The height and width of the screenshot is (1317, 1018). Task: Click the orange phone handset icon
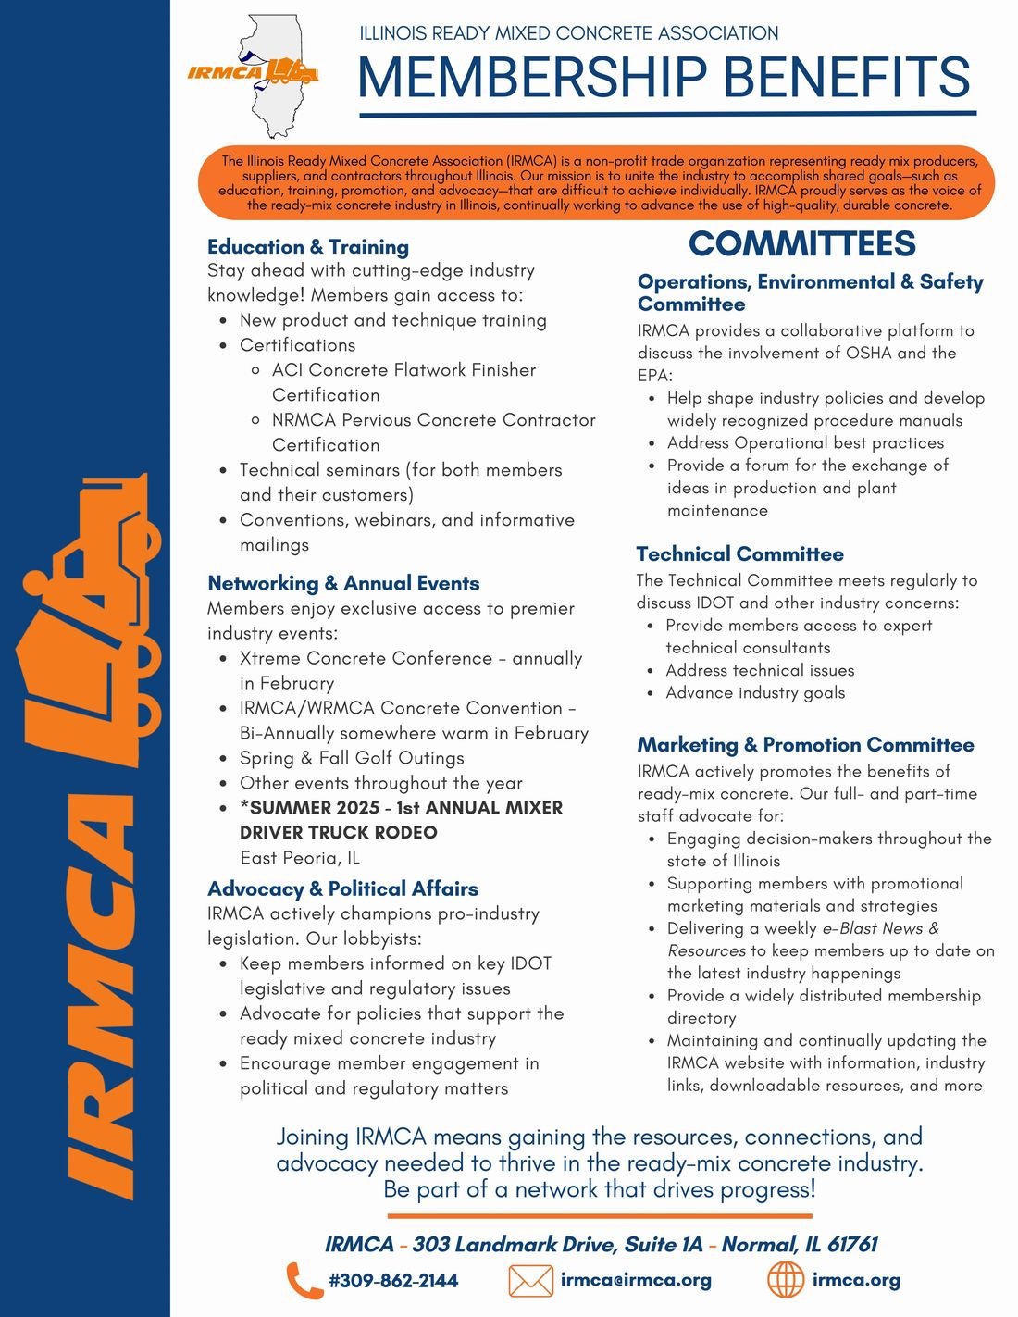tap(304, 1281)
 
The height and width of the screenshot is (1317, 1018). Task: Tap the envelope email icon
tap(530, 1281)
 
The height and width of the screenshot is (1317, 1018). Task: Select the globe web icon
tap(786, 1280)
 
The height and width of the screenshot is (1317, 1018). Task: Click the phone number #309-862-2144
tap(393, 1281)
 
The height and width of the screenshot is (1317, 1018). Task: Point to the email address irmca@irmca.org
tap(636, 1280)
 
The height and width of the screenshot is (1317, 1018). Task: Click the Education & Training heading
tap(308, 247)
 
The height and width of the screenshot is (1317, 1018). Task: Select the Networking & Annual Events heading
tap(343, 583)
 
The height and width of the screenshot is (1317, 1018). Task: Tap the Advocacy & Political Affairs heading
tap(342, 888)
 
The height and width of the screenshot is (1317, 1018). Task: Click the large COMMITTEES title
tap(801, 243)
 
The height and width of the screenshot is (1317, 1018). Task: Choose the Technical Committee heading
tap(739, 554)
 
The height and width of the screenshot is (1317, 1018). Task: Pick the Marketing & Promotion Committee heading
tap(805, 745)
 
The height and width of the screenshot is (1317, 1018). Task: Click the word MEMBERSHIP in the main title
tap(532, 77)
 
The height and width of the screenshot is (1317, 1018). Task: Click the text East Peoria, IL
tap(300, 857)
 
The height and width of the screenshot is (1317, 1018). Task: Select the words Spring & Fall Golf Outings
tap(352, 758)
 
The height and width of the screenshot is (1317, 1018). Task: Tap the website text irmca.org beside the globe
tap(856, 1280)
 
